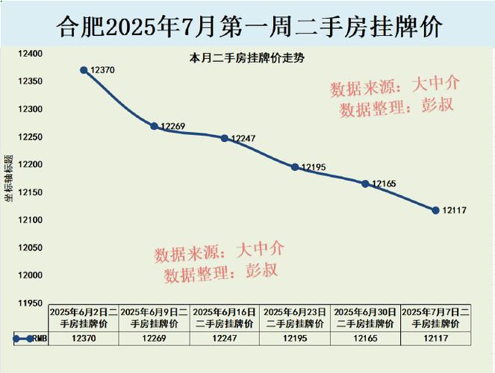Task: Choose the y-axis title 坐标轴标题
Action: [x=8, y=178]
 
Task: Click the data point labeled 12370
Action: [x=84, y=69]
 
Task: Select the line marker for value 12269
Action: [x=154, y=126]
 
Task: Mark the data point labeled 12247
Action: [x=224, y=138]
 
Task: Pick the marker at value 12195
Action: [x=295, y=167]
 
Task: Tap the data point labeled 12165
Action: [x=365, y=184]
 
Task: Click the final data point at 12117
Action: [x=435, y=210]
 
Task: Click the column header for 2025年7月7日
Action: [x=435, y=318]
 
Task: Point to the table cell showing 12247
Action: [x=224, y=339]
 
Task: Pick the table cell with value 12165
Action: [x=365, y=339]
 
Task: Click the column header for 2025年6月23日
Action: [x=294, y=318]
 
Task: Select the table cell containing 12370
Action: [x=84, y=339]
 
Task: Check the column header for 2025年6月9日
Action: [x=154, y=318]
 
